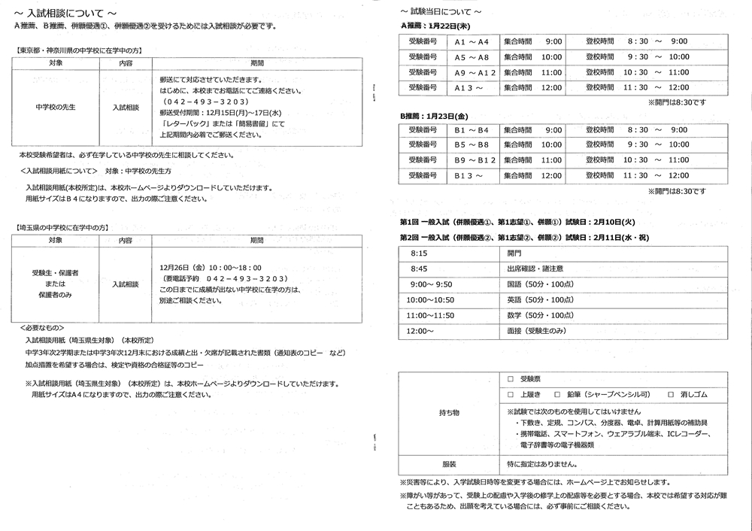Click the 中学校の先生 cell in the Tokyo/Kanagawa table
click(x=56, y=108)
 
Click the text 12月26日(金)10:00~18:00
click(x=211, y=267)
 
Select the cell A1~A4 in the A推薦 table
click(x=472, y=41)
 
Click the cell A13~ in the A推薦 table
click(x=468, y=88)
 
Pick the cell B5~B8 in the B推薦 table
click(x=472, y=145)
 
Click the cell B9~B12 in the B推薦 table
click(x=475, y=160)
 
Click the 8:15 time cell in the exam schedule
click(x=419, y=253)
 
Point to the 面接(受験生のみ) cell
click(x=537, y=331)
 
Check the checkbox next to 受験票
click(x=511, y=380)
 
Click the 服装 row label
click(x=450, y=464)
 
